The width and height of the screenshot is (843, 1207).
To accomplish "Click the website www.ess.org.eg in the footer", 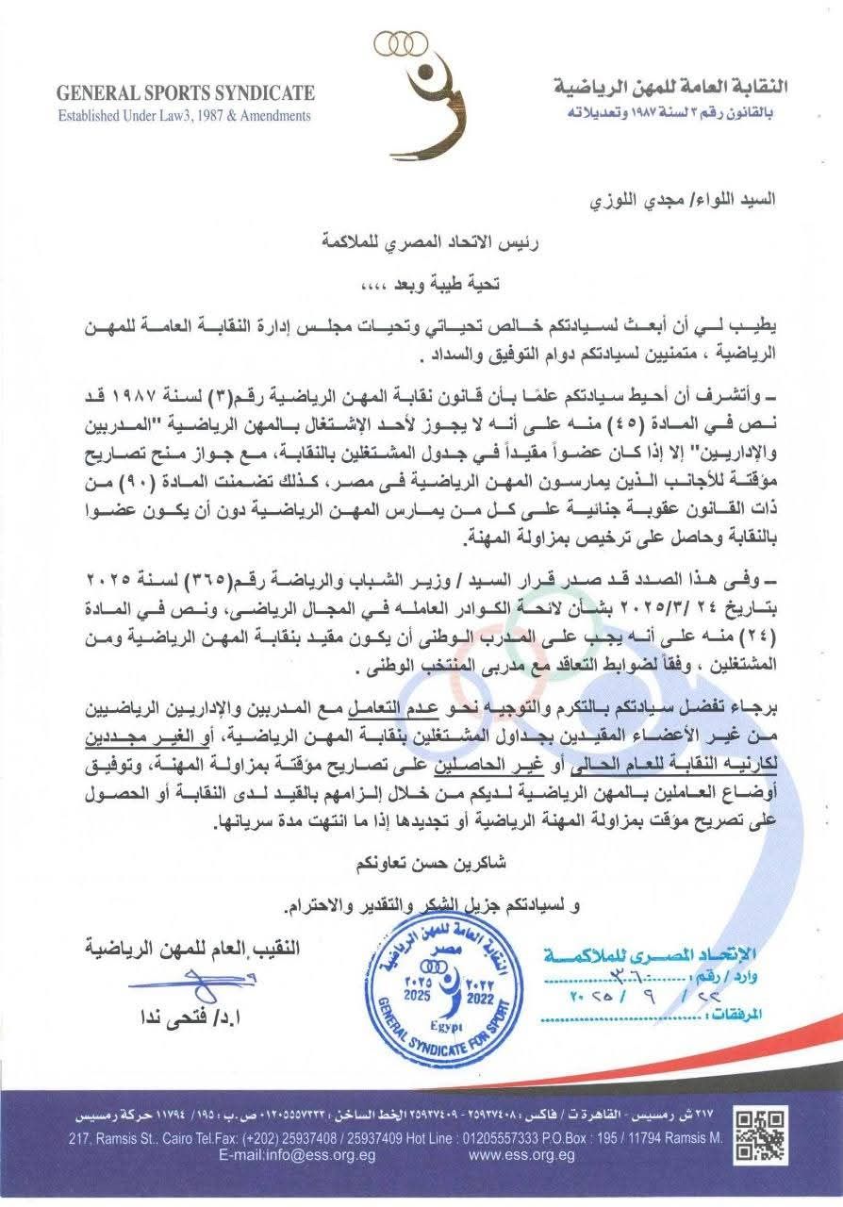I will click(x=521, y=1155).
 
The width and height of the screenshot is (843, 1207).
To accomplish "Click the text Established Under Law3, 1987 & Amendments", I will click(x=184, y=116).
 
